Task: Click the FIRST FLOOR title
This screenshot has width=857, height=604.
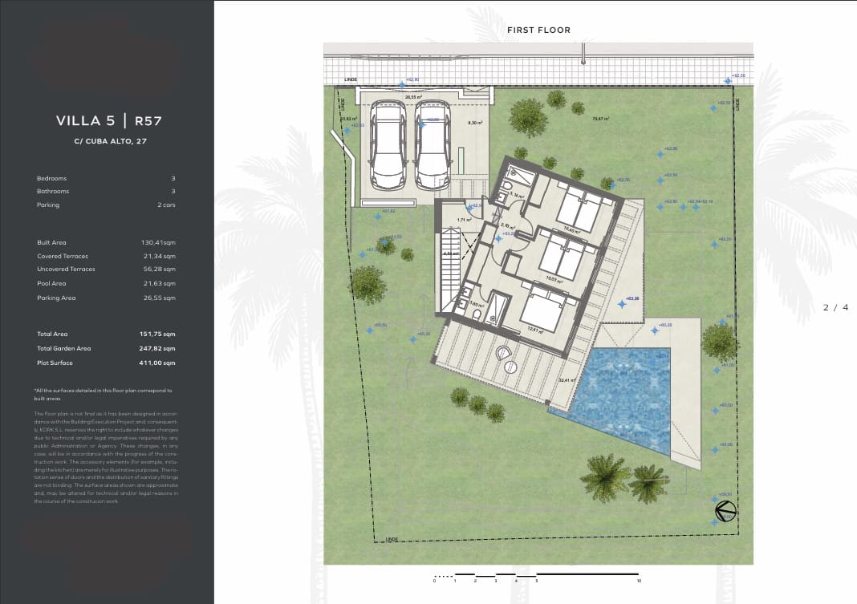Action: point(538,30)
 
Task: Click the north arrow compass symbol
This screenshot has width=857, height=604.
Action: point(726,510)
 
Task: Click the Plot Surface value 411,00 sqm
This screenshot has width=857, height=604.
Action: point(157,363)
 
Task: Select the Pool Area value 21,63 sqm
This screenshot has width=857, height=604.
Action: point(158,284)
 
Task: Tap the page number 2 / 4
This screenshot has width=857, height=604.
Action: point(835,307)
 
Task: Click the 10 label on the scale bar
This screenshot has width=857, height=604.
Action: point(639,581)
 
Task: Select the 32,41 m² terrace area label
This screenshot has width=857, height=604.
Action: point(567,380)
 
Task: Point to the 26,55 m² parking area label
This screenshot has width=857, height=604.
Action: point(413,97)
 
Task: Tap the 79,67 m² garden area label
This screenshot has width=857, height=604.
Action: point(600,119)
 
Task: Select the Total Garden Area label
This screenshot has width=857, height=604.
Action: point(64,349)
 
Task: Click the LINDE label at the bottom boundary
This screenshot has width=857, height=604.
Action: point(391,538)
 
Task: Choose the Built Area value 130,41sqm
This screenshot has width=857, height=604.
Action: point(158,242)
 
